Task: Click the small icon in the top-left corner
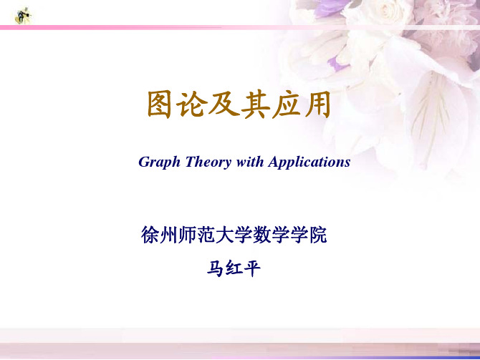coord(23,16)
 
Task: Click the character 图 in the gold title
coord(159,104)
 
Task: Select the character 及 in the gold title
coord(224,104)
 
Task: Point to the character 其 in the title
coord(255,104)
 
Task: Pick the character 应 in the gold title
coord(287,104)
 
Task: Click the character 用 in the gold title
coord(317,104)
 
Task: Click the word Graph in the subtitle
coord(159,162)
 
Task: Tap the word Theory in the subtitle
coord(208,162)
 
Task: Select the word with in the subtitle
coord(250,161)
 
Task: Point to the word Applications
coord(309,162)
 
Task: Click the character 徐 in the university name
coord(150,235)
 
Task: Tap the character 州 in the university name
coord(168,235)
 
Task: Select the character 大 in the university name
coord(225,235)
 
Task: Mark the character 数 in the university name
coord(262,235)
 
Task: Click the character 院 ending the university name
coord(318,235)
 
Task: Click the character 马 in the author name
coord(215,269)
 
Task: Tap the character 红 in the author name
coord(234,269)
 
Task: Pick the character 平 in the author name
coord(252,269)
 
